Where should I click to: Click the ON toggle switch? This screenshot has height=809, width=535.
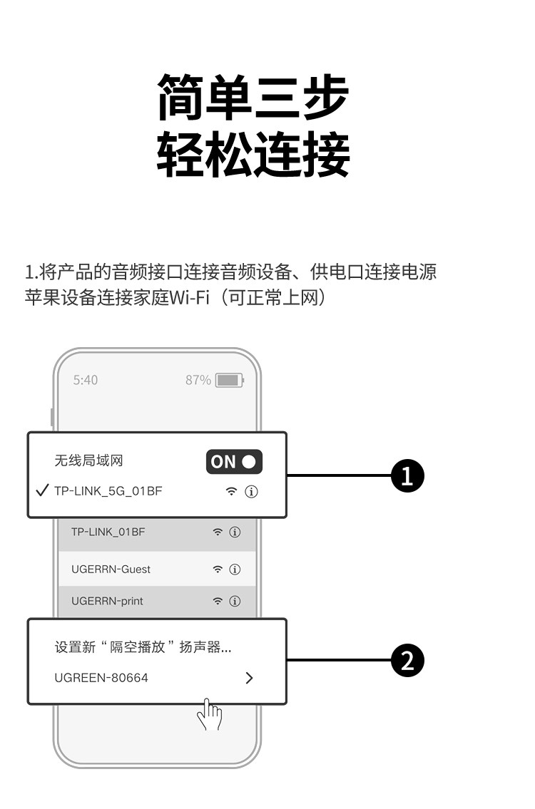(x=234, y=462)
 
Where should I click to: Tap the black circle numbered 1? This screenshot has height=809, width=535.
(x=408, y=475)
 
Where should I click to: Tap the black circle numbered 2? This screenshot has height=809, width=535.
(x=408, y=661)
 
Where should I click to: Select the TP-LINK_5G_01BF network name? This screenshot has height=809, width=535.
(x=108, y=492)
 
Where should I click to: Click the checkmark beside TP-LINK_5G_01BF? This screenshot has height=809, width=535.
(x=42, y=491)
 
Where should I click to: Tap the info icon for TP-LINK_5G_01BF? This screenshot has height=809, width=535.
(x=251, y=492)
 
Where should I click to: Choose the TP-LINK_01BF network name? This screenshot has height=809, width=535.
(x=108, y=532)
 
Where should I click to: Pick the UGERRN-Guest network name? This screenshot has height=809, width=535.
(x=111, y=570)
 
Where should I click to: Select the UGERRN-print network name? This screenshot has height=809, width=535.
(x=107, y=602)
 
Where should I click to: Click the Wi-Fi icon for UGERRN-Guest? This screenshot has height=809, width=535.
(x=218, y=570)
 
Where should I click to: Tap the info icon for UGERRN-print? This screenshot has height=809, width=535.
(x=235, y=602)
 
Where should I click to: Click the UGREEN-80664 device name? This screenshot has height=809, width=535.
(x=101, y=678)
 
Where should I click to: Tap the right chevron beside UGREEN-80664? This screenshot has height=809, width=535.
(x=249, y=678)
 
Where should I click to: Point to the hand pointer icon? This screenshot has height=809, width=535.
(x=209, y=714)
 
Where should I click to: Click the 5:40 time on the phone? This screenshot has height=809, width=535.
(x=86, y=381)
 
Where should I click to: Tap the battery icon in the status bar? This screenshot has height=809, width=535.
(x=229, y=381)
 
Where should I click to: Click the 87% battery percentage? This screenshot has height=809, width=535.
(x=198, y=381)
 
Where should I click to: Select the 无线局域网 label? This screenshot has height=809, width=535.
(x=89, y=461)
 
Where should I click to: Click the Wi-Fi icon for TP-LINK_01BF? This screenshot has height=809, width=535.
(x=218, y=532)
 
